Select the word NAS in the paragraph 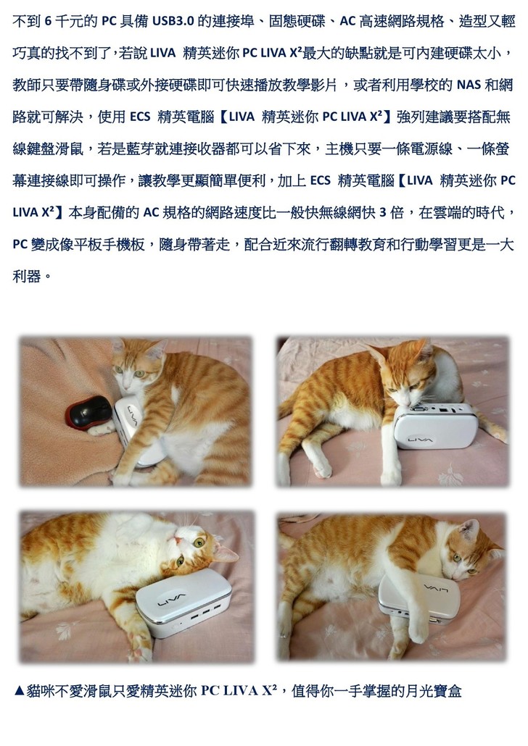click(x=469, y=85)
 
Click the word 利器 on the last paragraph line click(x=27, y=276)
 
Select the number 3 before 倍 click(x=383, y=213)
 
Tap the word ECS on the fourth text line click(x=140, y=117)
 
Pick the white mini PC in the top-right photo click(x=435, y=427)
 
